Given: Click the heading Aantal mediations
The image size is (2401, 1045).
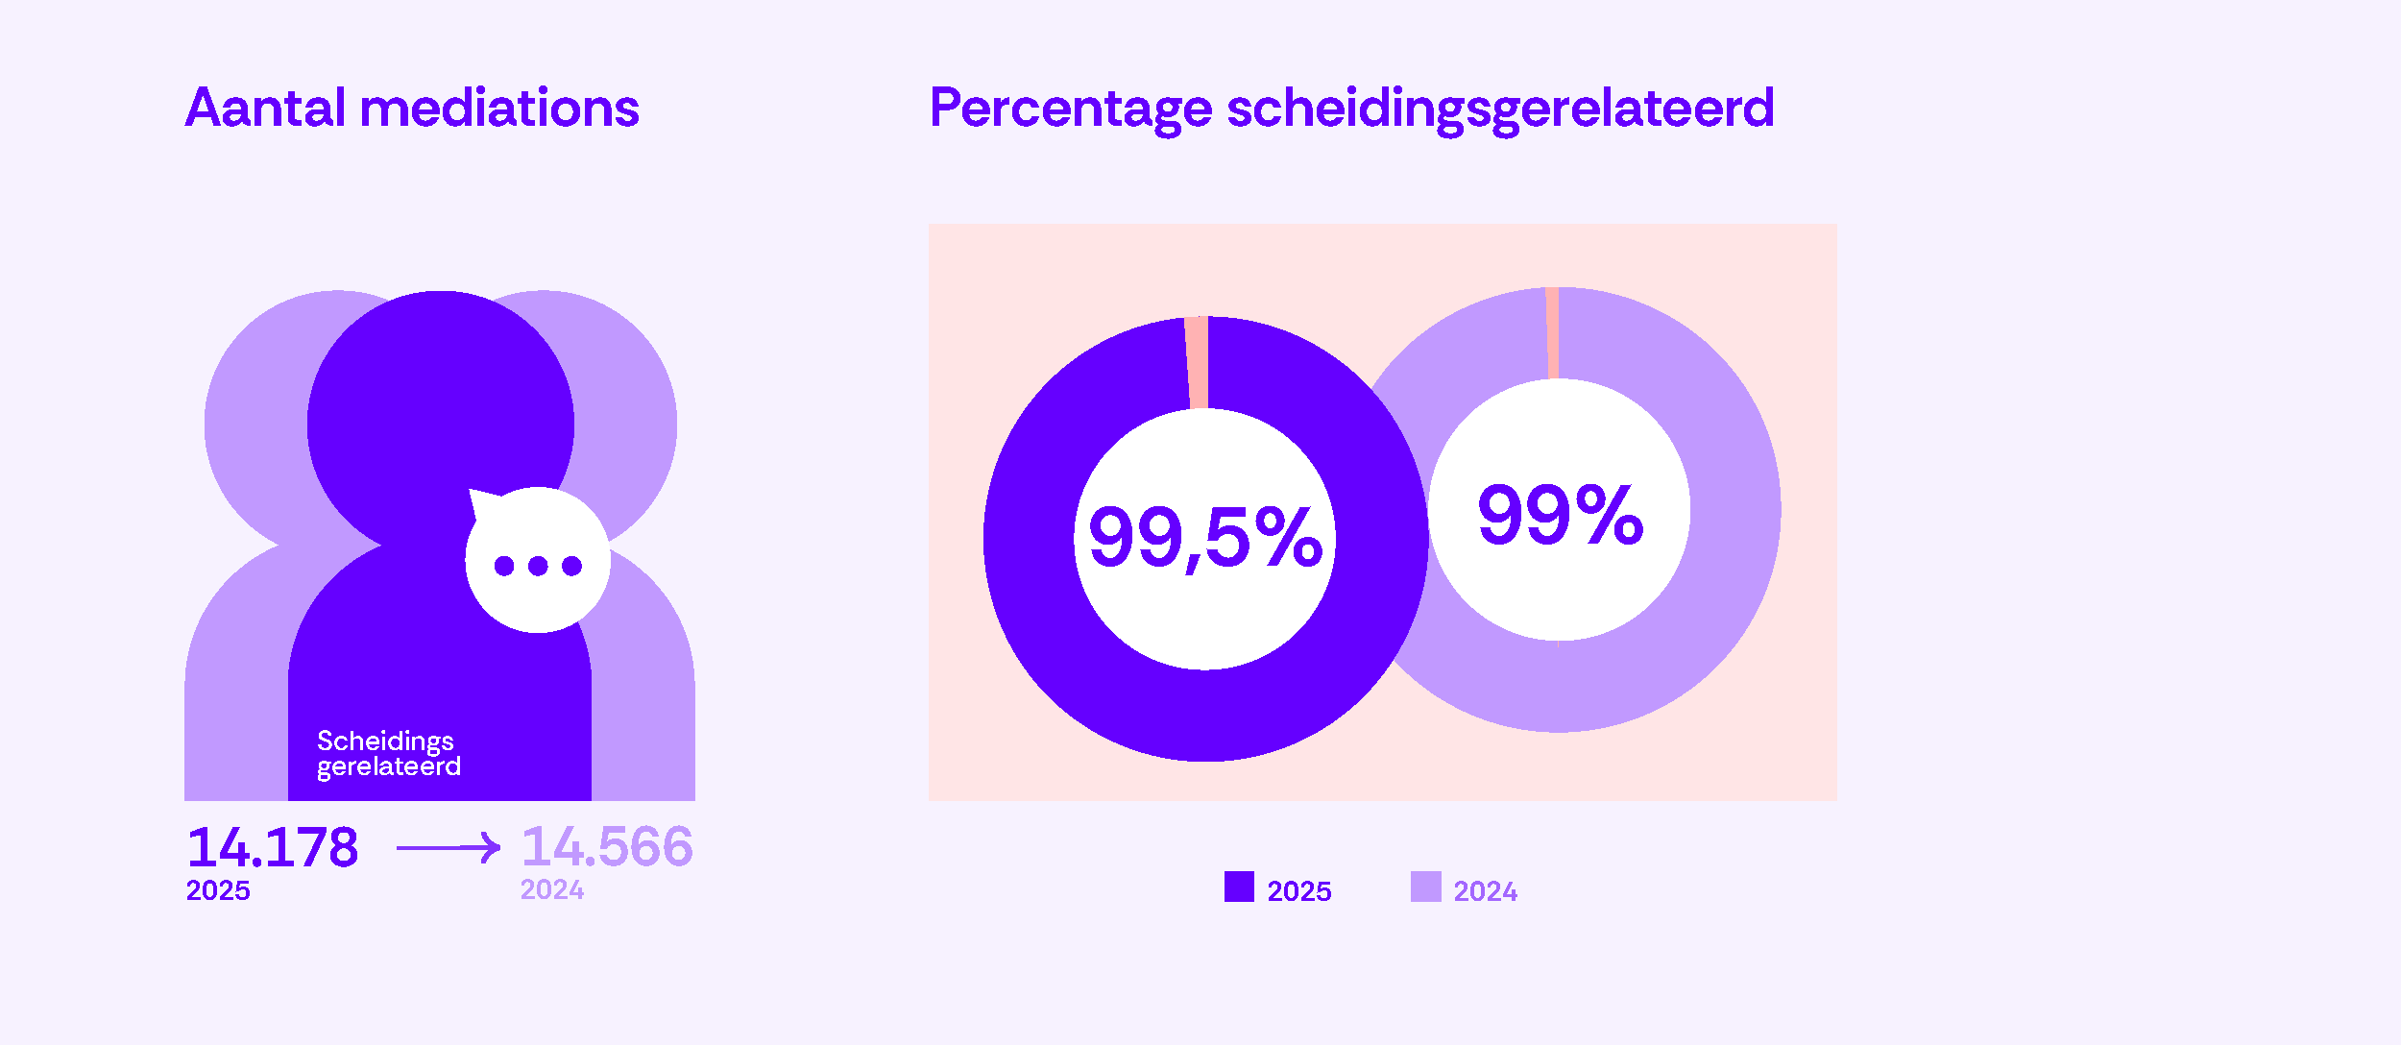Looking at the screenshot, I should point(412,108).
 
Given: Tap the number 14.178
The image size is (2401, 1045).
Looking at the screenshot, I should point(273,847).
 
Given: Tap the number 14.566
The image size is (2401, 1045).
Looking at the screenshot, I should point(607,847).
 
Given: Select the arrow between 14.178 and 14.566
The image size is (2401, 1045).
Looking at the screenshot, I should point(448,847).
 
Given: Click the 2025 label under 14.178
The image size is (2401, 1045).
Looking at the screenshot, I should point(218,890).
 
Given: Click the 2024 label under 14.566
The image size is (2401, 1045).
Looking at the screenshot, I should point(552,890).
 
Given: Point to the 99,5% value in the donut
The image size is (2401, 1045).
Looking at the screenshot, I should point(1204,538).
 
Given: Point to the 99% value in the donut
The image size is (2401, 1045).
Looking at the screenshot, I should point(1560,516).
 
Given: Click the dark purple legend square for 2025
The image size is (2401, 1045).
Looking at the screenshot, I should point(1239,887).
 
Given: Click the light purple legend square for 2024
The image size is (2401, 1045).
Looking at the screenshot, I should point(1425,887).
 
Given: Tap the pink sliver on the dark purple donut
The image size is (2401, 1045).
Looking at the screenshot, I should point(1197,363).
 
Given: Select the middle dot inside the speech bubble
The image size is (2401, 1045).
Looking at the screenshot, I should point(538,566).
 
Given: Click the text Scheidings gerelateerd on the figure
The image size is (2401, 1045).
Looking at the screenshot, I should point(388,754).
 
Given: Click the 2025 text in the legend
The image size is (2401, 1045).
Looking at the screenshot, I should point(1298,891).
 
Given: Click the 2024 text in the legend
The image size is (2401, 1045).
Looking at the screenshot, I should point(1485,891).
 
